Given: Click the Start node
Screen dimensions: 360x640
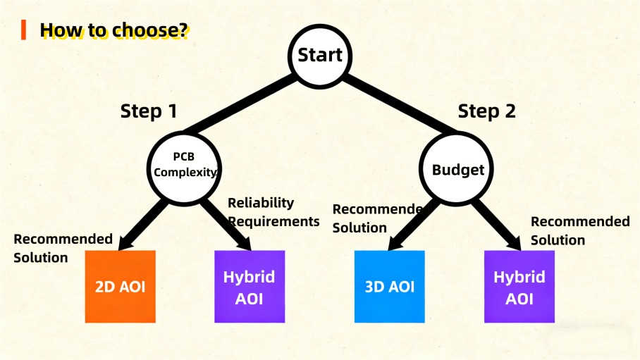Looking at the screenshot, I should pyautogui.click(x=320, y=55).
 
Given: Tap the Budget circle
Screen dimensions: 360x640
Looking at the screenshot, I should pyautogui.click(x=457, y=170).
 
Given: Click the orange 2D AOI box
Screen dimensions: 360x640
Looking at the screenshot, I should pyautogui.click(x=120, y=287).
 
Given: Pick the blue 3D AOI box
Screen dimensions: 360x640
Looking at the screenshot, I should pyautogui.click(x=390, y=286).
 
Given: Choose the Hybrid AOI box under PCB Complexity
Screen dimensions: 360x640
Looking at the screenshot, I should pyautogui.click(x=250, y=287).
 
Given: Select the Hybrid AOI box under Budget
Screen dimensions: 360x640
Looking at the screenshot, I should pyautogui.click(x=519, y=287).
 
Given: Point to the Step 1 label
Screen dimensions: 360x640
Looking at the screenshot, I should pyautogui.click(x=148, y=111).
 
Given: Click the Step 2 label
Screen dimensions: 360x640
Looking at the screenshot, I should pyautogui.click(x=486, y=111).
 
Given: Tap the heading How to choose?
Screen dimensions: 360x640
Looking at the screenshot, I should pyautogui.click(x=113, y=30).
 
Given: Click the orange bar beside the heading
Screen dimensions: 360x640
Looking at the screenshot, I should pyautogui.click(x=24, y=30).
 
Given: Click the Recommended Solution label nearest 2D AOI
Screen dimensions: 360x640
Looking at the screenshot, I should pyautogui.click(x=63, y=248).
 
